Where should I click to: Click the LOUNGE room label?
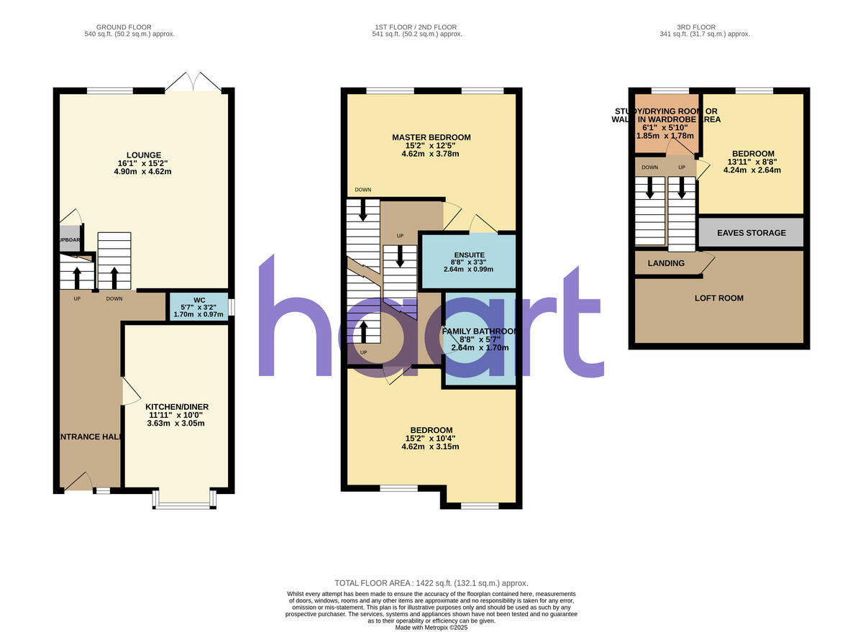click(x=144, y=155)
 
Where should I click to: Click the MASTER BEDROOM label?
click(x=431, y=137)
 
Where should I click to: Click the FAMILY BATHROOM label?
click(x=480, y=331)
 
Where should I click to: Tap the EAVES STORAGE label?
click(x=751, y=233)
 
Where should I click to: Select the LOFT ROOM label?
click(x=718, y=298)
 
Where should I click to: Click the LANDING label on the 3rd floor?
click(x=666, y=263)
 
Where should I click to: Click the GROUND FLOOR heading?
click(x=129, y=27)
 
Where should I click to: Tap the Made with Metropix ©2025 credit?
click(x=431, y=628)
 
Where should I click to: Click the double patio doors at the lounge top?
click(x=192, y=82)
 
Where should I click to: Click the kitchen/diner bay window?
click(x=184, y=503)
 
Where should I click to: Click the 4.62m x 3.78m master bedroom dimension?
click(x=431, y=154)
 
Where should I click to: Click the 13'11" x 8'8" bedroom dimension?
click(x=753, y=162)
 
